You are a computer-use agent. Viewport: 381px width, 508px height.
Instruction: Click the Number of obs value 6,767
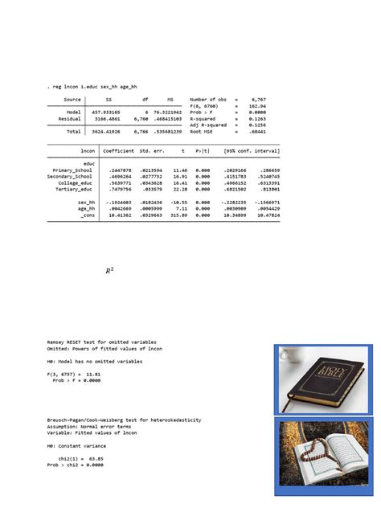[257, 100]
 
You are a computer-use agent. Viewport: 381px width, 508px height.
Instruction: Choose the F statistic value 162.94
[257, 105]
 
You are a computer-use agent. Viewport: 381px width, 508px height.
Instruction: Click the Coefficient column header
[119, 150]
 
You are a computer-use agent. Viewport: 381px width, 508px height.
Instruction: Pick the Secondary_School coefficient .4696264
[121, 177]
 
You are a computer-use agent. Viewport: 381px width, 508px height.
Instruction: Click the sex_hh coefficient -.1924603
[119, 203]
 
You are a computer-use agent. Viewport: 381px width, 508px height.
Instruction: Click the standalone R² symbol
[109, 272]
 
